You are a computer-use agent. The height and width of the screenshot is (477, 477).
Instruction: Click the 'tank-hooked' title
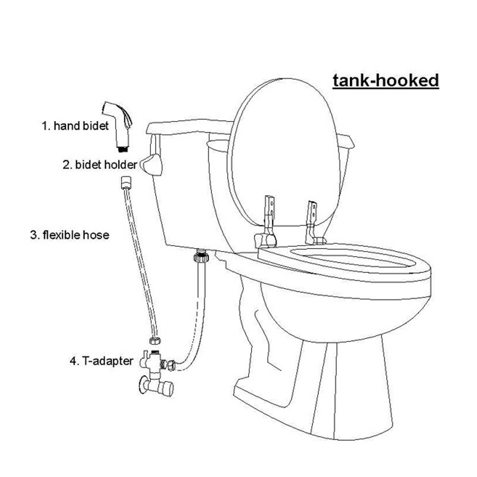[x=386, y=81]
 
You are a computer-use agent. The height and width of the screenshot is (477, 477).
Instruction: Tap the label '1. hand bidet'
[x=75, y=126]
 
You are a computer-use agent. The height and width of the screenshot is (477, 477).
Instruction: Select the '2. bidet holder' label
[x=100, y=165]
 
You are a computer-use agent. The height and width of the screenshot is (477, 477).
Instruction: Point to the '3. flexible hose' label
[x=70, y=235]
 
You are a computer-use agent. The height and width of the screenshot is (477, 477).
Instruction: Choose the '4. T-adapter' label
[x=101, y=361]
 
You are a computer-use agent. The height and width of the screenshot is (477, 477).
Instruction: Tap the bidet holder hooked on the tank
[x=151, y=165]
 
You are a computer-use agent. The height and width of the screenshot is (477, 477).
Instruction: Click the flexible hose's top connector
[x=126, y=182]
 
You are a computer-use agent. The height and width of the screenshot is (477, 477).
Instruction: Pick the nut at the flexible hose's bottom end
[x=155, y=340]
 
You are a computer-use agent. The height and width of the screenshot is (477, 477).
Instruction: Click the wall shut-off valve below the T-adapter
[x=156, y=386]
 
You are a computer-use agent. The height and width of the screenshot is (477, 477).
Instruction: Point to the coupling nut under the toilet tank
[x=202, y=256]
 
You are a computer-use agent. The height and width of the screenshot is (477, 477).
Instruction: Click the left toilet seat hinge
[x=267, y=222]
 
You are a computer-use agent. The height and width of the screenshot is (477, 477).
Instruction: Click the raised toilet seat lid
[x=284, y=152]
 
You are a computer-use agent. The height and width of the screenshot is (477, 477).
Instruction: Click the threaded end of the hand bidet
[x=123, y=149]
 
